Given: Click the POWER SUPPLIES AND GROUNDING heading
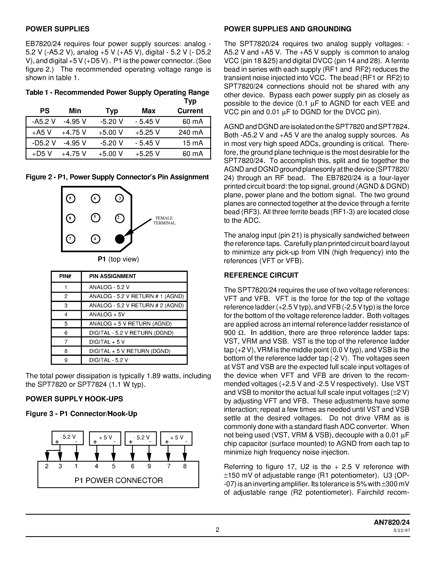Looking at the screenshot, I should [287, 29].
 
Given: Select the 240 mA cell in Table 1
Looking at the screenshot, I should [190, 132].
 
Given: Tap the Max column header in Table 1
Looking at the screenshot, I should [148, 111].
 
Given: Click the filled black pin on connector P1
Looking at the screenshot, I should [120, 239].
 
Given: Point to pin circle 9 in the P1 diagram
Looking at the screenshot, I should [71, 199].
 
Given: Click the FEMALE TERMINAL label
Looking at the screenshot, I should [164, 220].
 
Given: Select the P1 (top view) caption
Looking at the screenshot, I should [118, 259].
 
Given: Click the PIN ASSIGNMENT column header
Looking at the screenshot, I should [112, 276].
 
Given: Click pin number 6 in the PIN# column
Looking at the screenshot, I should [66, 333].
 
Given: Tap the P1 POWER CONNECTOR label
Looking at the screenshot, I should [119, 480].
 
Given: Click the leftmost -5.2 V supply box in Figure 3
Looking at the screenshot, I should [68, 438].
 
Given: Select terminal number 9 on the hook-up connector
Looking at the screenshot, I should [149, 466].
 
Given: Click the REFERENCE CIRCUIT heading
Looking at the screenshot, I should [261, 275].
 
